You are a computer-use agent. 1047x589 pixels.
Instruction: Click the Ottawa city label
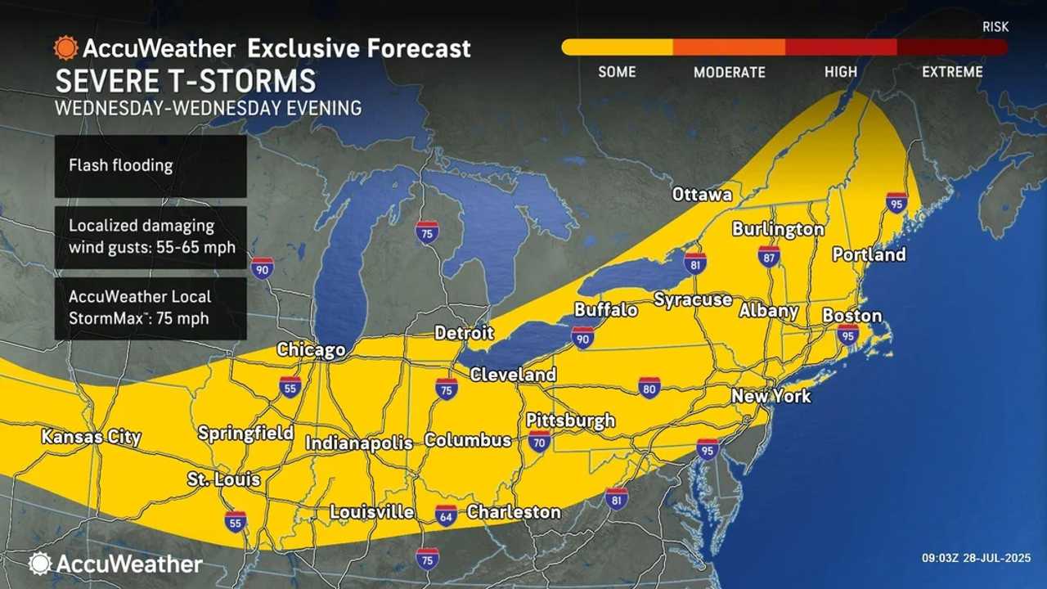pyautogui.click(x=702, y=195)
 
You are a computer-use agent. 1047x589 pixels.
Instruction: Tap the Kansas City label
pyautogui.click(x=91, y=438)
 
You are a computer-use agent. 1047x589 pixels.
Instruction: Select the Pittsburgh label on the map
pyautogui.click(x=570, y=420)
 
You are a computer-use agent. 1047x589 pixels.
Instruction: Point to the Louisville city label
pyautogui.click(x=371, y=512)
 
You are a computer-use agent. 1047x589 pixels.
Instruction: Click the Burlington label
pyautogui.click(x=778, y=229)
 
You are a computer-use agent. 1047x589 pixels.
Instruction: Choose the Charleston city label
pyautogui.click(x=514, y=512)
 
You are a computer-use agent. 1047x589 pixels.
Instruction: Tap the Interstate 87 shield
pyautogui.click(x=768, y=256)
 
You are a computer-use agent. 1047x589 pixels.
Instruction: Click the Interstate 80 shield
pyautogui.click(x=649, y=387)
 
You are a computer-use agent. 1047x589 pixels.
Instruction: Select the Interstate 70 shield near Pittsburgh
pyautogui.click(x=538, y=443)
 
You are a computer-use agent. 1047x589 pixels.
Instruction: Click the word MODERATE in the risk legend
pyautogui.click(x=729, y=72)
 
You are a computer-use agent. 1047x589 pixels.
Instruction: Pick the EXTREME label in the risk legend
pyautogui.click(x=952, y=72)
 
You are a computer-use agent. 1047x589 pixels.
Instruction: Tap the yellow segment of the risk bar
pyautogui.click(x=617, y=47)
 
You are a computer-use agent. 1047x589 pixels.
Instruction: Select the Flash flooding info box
pyautogui.click(x=151, y=165)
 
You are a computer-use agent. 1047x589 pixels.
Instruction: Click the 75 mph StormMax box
pyautogui.click(x=151, y=308)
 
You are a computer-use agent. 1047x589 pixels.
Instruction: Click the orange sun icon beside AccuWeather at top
pyautogui.click(x=65, y=47)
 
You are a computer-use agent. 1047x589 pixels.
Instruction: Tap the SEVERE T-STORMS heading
pyautogui.click(x=185, y=82)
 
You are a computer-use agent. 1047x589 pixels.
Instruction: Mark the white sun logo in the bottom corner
pyautogui.click(x=39, y=563)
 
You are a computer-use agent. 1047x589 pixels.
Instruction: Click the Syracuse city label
pyautogui.click(x=692, y=300)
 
